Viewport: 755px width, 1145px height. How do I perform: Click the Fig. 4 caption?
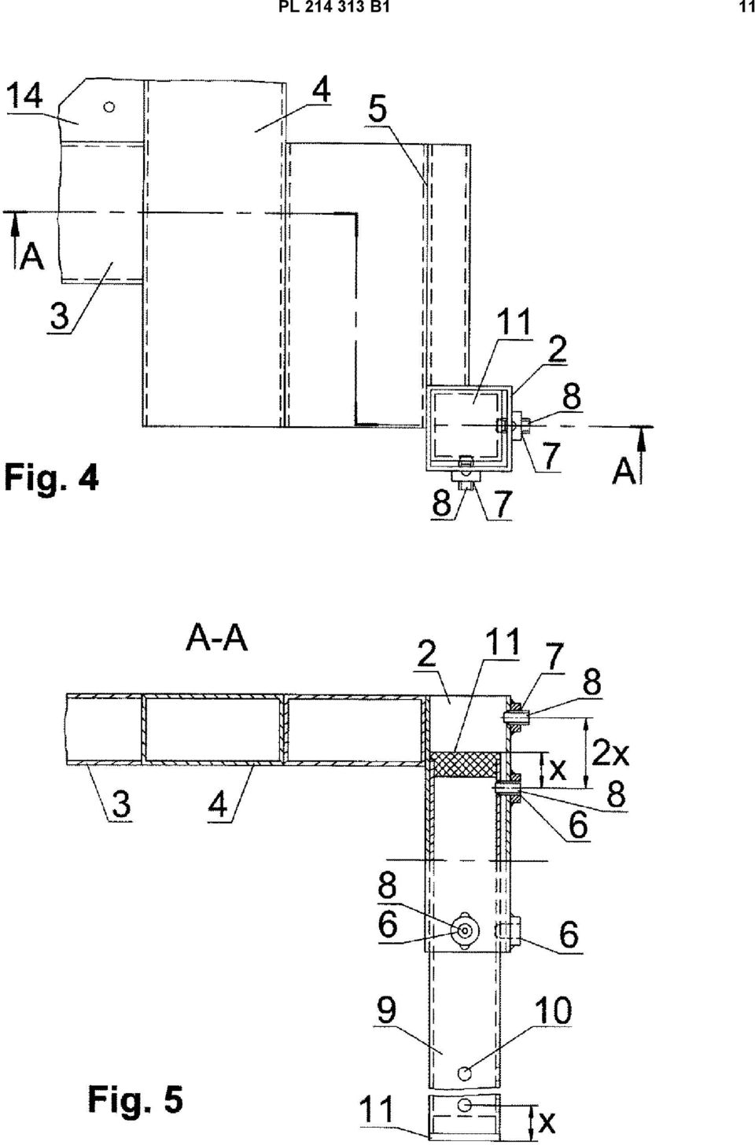point(51,477)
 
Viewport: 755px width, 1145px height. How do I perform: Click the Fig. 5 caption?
point(135,1099)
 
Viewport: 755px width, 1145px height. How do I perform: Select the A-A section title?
point(217,639)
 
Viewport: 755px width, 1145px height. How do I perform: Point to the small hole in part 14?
point(109,107)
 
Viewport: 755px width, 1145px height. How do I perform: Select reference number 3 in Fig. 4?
point(60,315)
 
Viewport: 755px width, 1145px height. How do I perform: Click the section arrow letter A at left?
point(31,258)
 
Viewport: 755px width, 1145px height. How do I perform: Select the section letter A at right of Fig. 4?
point(624,470)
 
